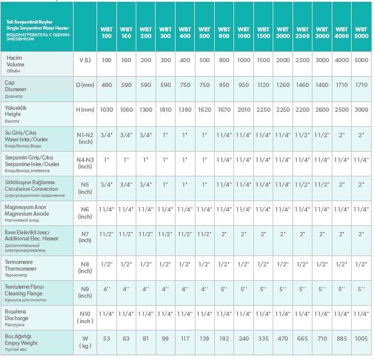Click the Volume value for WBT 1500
(x=263, y=60)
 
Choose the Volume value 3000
(x=322, y=60)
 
